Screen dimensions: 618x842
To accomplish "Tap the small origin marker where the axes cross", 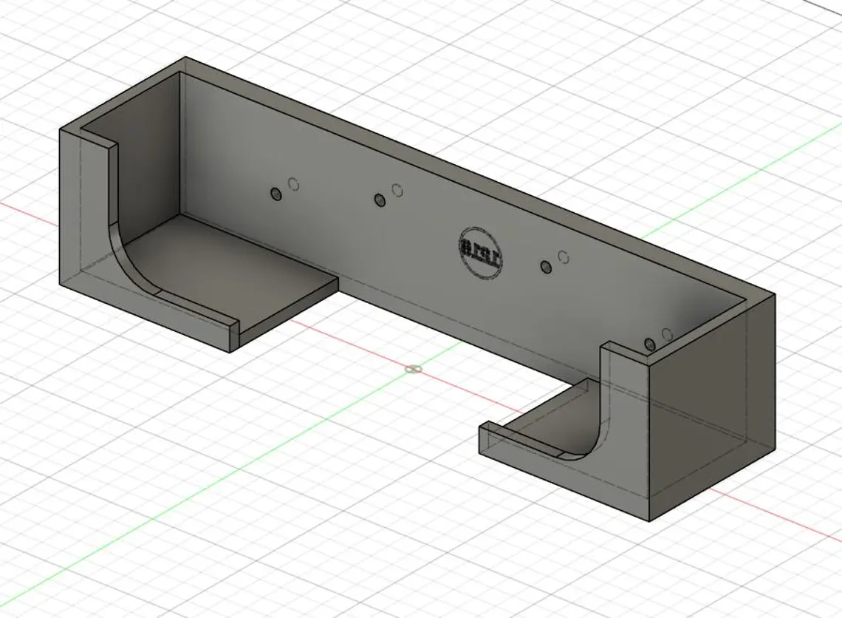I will tap(414, 369).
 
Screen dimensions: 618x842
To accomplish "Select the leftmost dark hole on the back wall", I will tap(276, 194).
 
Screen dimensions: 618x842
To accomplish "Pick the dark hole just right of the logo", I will tap(547, 267).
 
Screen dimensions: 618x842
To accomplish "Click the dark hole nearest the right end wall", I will tap(650, 344).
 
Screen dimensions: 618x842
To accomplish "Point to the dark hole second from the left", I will tap(380, 200).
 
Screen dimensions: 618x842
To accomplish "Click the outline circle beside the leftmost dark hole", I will tap(294, 184).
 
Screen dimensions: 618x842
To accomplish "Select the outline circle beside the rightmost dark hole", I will tap(667, 335).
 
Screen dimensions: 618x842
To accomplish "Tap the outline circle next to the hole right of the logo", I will tap(564, 257).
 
